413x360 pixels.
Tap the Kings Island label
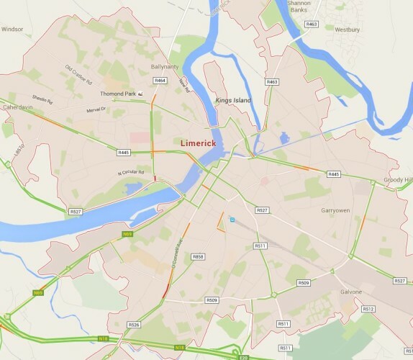[233, 100]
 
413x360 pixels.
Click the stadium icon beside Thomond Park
[140, 94]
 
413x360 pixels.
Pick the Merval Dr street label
[96, 110]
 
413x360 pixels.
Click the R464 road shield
[160, 80]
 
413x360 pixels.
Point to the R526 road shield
[133, 325]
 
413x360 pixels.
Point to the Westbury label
[347, 30]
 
